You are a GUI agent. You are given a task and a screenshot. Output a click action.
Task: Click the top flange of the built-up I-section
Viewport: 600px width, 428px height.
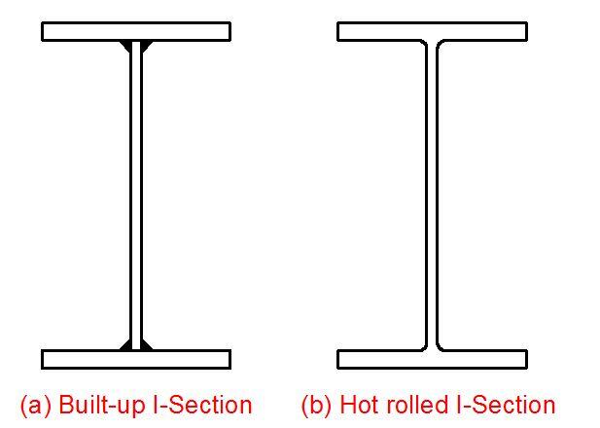point(136,31)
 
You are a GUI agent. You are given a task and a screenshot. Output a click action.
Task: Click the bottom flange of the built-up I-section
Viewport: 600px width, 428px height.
point(136,359)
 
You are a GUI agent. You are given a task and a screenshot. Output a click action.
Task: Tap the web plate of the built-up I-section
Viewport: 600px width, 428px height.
point(136,195)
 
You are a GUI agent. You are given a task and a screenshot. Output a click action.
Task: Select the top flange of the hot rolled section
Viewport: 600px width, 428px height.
point(432,31)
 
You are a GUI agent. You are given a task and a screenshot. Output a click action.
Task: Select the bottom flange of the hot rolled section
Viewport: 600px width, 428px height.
point(432,359)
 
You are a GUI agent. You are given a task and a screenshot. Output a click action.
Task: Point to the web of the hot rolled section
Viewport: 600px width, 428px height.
point(432,195)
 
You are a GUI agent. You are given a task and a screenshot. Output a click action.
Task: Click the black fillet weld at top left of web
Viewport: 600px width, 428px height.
point(127,46)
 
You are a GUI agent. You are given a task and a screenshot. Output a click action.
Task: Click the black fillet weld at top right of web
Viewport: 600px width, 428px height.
point(145,46)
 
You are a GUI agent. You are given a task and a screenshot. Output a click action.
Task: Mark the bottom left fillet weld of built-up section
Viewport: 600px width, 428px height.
point(127,344)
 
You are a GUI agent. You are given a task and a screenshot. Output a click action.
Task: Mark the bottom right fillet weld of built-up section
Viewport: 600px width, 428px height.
point(145,344)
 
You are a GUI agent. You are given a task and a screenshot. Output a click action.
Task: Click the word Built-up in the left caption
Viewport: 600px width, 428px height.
point(102,405)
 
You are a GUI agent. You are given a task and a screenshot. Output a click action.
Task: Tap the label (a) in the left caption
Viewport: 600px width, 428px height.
point(35,405)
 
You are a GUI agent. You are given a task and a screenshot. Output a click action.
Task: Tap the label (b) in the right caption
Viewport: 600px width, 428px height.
point(317,405)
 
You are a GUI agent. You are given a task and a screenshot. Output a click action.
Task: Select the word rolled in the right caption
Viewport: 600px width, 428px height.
point(415,405)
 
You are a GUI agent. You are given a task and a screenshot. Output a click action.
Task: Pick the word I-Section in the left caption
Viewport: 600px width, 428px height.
point(204,405)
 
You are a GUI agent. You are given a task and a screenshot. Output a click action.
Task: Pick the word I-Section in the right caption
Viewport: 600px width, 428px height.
point(507,405)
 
